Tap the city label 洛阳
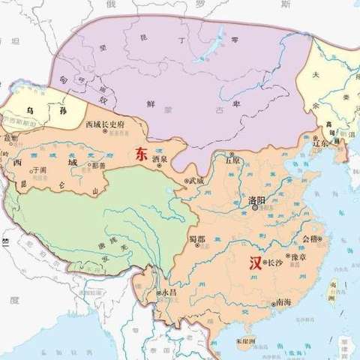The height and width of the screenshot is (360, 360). pos(257,202)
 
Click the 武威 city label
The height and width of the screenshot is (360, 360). pos(196,180)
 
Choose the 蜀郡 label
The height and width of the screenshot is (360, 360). pos(197,238)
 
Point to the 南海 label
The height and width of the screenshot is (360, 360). pos(283,302)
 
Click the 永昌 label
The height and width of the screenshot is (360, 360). pos(166,292)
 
